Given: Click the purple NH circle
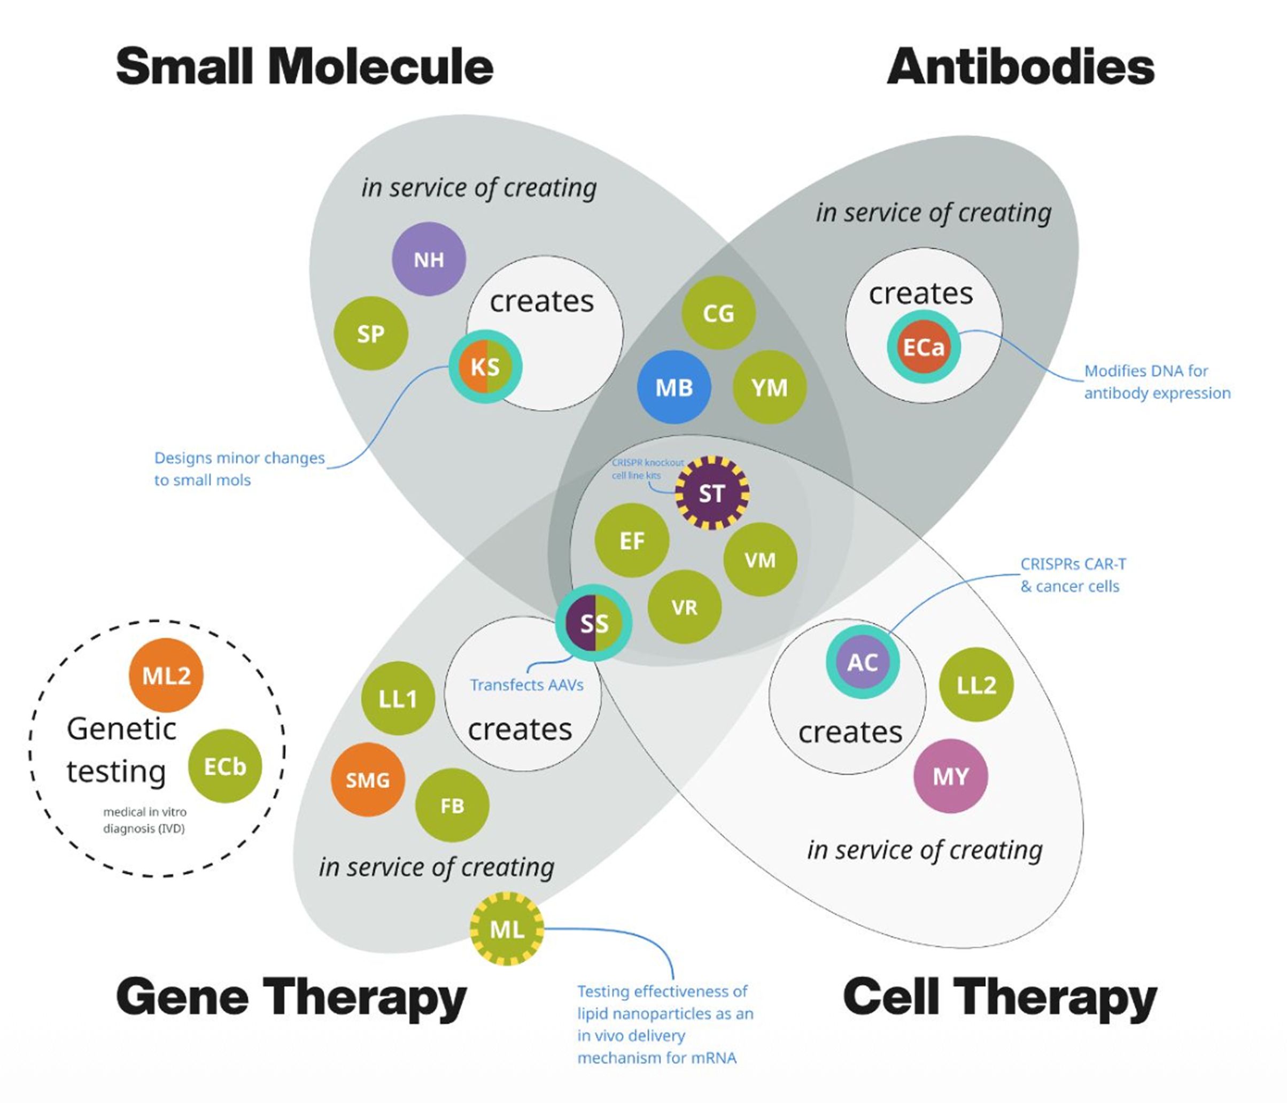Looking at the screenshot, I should point(429,259).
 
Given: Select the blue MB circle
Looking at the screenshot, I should point(674,387).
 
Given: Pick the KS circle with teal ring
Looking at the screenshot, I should point(485,367).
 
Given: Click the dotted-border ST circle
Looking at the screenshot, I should point(712,493).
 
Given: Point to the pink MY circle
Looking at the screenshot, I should point(950,776).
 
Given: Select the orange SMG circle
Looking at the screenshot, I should point(368,780).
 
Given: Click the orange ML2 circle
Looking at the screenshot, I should point(166,675).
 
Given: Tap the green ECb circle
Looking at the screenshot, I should point(225,766).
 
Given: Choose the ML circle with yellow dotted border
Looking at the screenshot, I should point(507,929).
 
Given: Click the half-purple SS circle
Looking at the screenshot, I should point(594,623).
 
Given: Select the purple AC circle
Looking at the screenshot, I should point(862,662).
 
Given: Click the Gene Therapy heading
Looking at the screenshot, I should point(291,996).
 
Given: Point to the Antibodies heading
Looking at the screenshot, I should point(1020,67).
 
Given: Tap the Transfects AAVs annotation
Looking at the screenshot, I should point(527,685).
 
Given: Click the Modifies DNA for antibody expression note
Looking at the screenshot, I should point(1157,382).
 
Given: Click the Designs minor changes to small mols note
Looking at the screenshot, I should point(238,468).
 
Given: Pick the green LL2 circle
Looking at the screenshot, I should point(976,685).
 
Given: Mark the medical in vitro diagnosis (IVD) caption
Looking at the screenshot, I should point(144,820).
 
